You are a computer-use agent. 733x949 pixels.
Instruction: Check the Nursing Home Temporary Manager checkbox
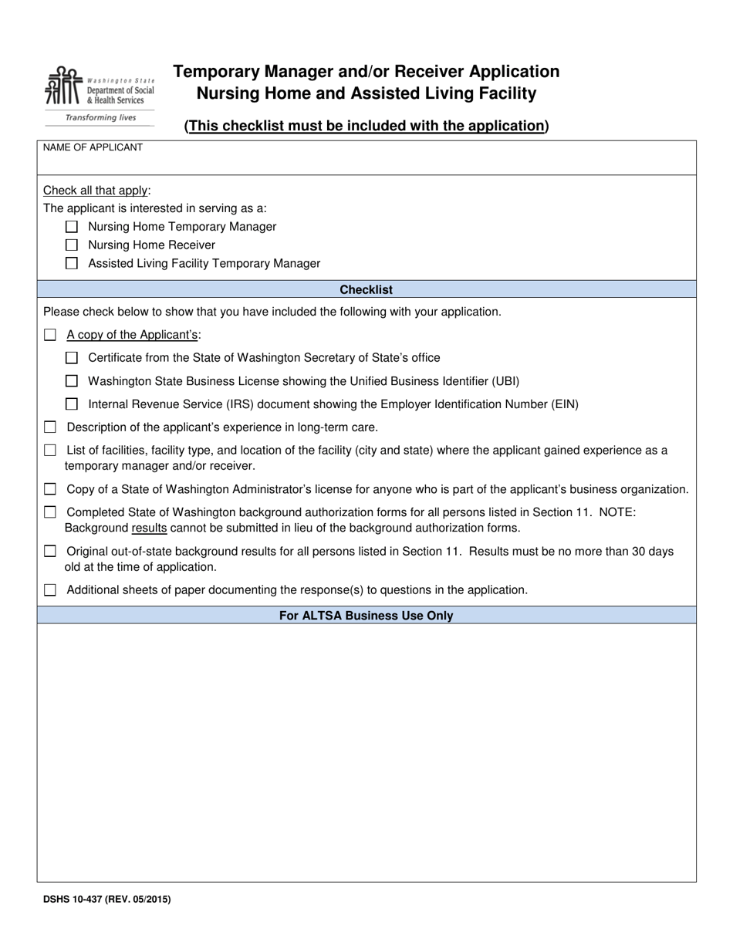click(72, 227)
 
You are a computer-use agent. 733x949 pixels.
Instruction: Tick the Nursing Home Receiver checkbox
click(72, 245)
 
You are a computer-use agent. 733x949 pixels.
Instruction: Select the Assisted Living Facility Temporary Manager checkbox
click(72, 263)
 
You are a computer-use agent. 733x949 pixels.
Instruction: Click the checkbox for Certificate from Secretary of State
click(72, 358)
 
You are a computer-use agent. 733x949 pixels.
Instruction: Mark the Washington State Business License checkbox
click(72, 381)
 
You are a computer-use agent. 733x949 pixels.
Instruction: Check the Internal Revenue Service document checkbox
click(72, 404)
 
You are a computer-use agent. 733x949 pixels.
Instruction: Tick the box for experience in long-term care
click(50, 427)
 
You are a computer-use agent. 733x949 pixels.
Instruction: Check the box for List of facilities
click(50, 451)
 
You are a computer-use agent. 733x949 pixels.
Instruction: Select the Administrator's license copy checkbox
click(50, 489)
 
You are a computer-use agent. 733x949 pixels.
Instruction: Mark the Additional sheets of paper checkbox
click(50, 590)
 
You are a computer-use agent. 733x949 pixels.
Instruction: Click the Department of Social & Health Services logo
click(100, 86)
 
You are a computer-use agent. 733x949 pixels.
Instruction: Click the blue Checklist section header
click(366, 290)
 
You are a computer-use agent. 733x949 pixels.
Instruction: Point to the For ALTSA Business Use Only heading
click(366, 616)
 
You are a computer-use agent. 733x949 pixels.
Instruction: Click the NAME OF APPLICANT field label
click(93, 147)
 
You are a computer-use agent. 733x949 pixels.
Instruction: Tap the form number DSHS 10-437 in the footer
click(106, 899)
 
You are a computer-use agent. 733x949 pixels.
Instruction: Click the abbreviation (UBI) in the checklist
click(505, 381)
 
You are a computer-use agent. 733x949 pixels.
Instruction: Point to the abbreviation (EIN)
click(563, 404)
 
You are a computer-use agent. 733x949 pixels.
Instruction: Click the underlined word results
click(149, 529)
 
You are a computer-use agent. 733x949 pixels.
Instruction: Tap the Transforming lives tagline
click(100, 118)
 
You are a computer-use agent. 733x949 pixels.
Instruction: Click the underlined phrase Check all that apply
click(96, 191)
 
